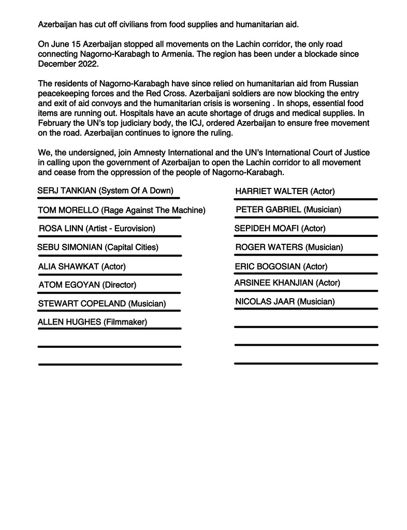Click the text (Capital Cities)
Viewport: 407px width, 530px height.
click(132, 247)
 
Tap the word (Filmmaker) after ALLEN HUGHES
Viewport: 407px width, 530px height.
click(125, 322)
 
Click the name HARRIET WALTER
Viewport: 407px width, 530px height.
click(271, 192)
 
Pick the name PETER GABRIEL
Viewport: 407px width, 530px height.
click(268, 210)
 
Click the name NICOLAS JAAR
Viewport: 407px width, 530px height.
click(265, 301)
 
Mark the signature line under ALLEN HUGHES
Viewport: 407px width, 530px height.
click(109, 329)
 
